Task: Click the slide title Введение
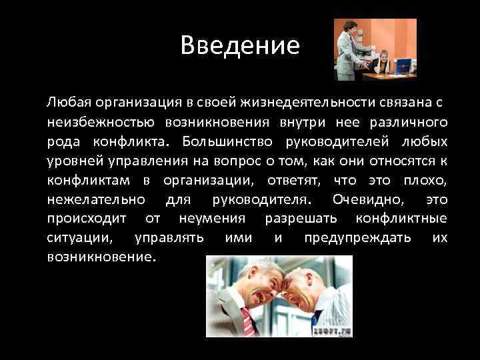coord(240,46)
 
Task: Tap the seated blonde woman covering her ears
coord(385,63)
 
